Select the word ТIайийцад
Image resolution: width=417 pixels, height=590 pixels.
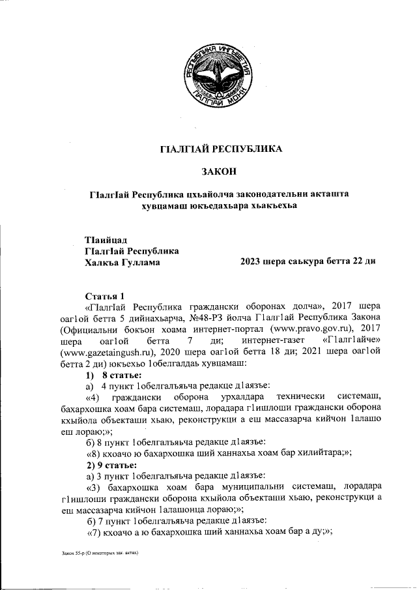[106, 239]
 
